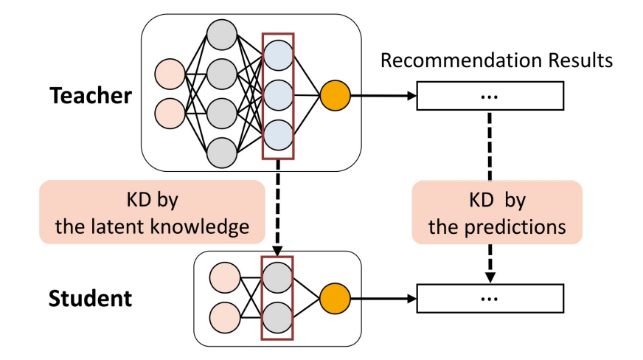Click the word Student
point(91,298)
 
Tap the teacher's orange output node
point(334,95)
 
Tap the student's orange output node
point(334,298)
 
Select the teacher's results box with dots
point(490,96)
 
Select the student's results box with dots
point(490,298)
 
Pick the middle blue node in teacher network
point(279,95)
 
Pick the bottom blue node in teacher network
point(279,134)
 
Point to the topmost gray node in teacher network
point(222,34)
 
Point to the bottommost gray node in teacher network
point(222,153)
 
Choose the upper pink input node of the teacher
point(170,76)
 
